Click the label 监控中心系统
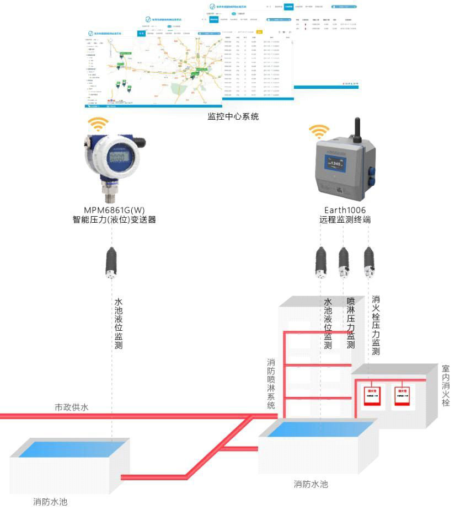(x=233, y=117)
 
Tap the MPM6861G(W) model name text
(x=114, y=210)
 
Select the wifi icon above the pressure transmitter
(x=100, y=124)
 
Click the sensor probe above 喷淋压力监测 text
(x=344, y=262)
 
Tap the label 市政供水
(x=71, y=407)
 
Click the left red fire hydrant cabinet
(x=372, y=396)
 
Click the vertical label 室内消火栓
(x=446, y=385)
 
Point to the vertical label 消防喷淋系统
(x=271, y=384)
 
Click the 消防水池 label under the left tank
(x=50, y=502)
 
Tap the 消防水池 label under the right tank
(x=311, y=484)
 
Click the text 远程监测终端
(x=345, y=219)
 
